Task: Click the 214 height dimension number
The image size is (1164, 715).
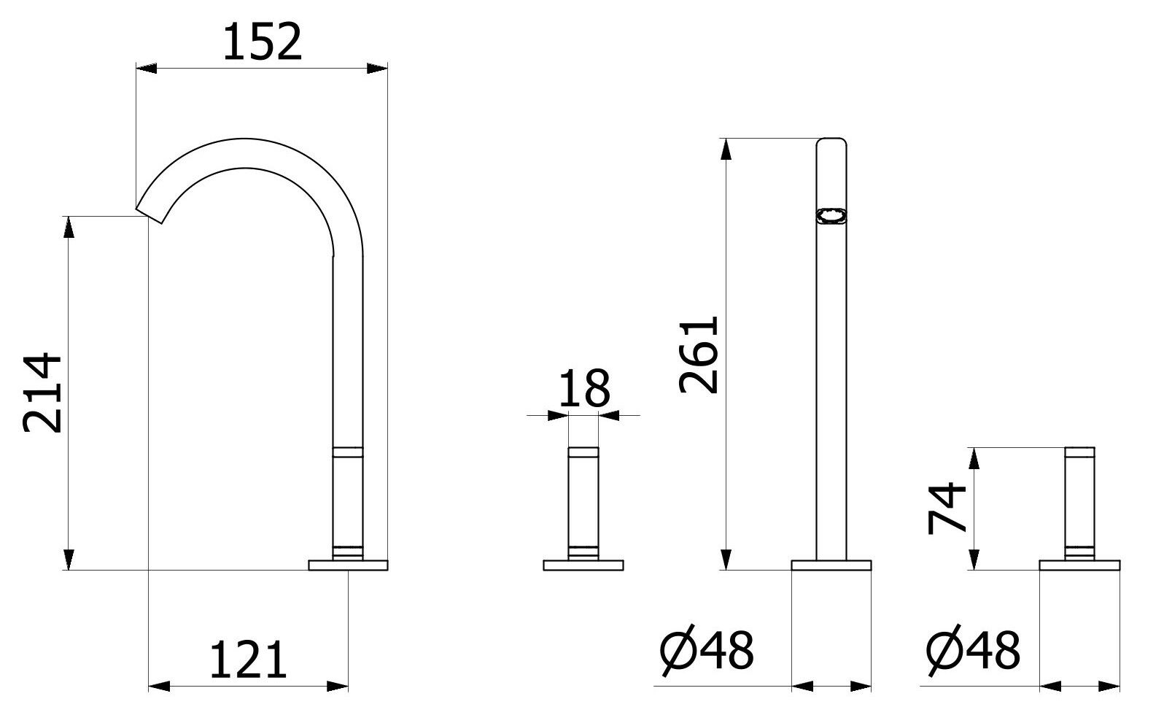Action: coord(43,394)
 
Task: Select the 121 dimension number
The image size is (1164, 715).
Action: coord(248,660)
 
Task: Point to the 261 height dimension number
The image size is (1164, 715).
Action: coord(699,355)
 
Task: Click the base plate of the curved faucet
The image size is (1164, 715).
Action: coord(348,565)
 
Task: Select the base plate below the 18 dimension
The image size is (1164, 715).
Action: coord(583,565)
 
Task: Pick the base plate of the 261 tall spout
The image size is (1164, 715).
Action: coord(831,565)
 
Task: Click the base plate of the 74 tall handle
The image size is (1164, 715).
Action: coord(1080,565)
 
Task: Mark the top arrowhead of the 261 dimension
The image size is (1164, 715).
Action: coord(725,149)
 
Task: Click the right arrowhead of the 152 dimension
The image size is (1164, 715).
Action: coord(377,69)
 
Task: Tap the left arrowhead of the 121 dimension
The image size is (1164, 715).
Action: coord(159,686)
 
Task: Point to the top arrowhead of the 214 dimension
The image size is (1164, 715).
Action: coord(69,227)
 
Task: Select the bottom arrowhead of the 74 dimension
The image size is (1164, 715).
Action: coord(973,560)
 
